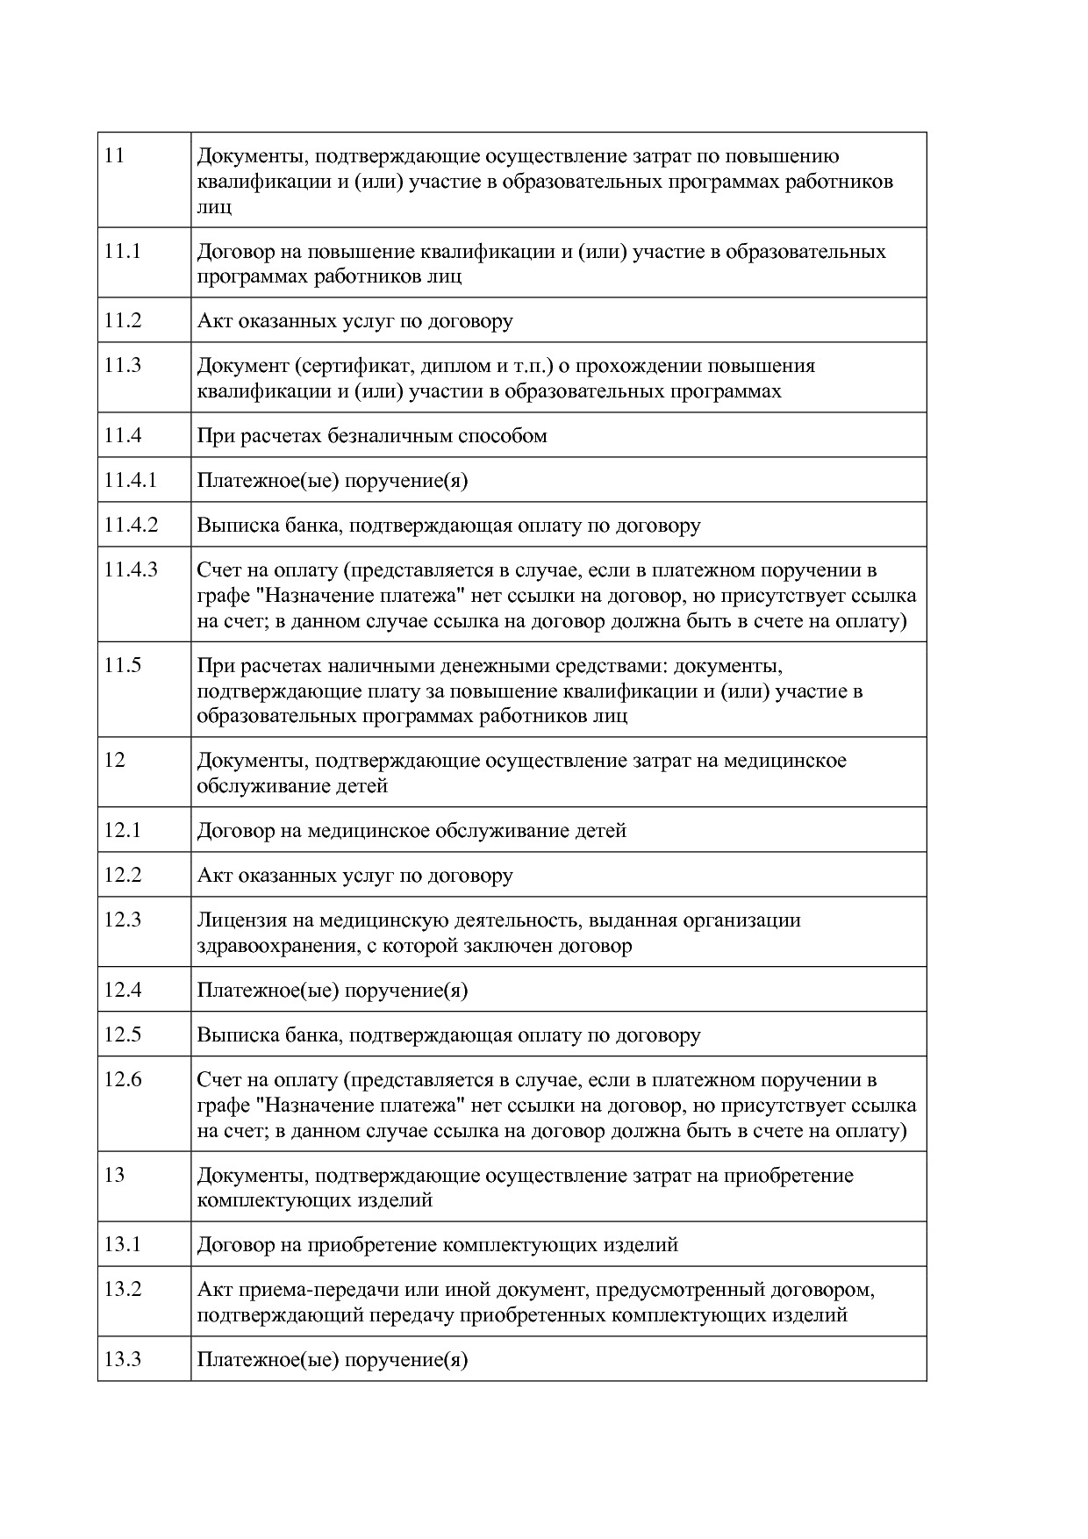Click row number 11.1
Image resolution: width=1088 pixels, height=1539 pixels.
coord(122,251)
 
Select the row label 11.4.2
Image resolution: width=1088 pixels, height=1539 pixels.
coord(131,525)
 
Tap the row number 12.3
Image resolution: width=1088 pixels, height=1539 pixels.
coord(122,920)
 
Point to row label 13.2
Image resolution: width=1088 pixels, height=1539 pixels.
coord(122,1289)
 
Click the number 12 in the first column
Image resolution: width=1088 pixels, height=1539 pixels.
coord(114,760)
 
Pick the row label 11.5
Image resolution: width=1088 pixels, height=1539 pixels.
coord(122,665)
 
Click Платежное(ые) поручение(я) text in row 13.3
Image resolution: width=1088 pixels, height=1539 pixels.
coord(332,1360)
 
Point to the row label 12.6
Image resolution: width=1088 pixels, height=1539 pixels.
coord(122,1079)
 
